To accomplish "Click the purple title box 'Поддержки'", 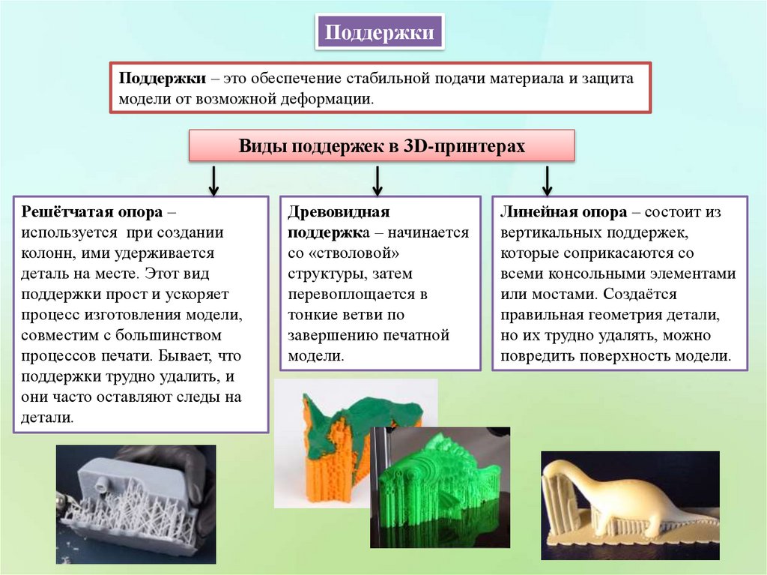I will [379, 33].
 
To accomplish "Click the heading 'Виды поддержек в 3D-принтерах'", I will [382, 146].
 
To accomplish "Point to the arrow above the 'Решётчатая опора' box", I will [213, 180].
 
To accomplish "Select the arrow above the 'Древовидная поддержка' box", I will [378, 180].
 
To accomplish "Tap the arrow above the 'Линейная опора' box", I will [547, 180].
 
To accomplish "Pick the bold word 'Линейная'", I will [531, 212].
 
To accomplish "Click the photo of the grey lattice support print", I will [136, 504].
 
